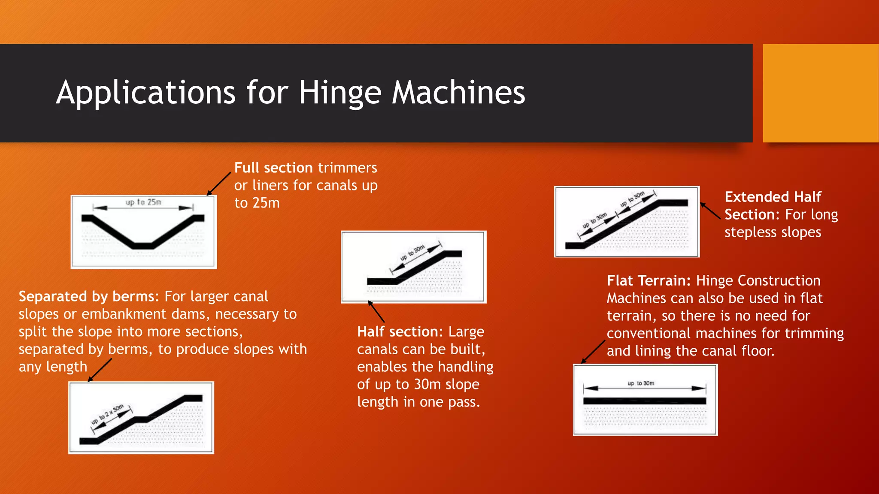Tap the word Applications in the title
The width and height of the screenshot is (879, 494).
coord(145,93)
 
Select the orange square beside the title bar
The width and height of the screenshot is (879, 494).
coord(820,93)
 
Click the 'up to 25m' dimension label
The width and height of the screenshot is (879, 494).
coord(143,202)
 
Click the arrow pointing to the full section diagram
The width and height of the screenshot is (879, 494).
coord(218,184)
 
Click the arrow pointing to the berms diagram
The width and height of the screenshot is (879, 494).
coord(100,370)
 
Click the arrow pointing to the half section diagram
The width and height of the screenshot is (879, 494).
coord(376,312)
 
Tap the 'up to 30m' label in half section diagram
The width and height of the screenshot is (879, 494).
coord(412,253)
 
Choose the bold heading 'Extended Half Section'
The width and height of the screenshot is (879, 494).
coord(773,205)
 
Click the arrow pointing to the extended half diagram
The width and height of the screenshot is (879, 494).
coord(710,211)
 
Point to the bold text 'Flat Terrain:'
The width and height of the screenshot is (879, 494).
coord(649,280)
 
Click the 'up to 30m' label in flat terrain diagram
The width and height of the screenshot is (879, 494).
coord(641,383)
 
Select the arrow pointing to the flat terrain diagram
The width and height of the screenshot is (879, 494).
coord(593,352)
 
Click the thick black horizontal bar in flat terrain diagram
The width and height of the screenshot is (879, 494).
coord(644,401)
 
